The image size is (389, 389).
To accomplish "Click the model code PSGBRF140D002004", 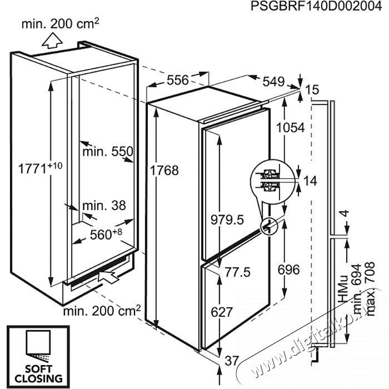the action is (x=316, y=6).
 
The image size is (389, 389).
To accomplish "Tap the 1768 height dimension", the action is (x=164, y=171).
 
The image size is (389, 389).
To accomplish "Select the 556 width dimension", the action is (x=178, y=80).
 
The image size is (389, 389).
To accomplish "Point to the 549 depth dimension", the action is (x=273, y=81).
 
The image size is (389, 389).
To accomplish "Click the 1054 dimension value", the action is (x=290, y=128).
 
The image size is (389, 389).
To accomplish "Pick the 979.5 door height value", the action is (x=227, y=220).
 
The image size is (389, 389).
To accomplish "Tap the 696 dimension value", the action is (x=289, y=270).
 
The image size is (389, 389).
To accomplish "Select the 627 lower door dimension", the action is (x=222, y=312).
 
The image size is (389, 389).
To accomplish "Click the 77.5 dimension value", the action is (x=238, y=272).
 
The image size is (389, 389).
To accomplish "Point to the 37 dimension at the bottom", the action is (x=232, y=361).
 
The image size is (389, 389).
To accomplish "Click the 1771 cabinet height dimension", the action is (x=40, y=168).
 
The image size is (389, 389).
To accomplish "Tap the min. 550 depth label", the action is (x=108, y=151).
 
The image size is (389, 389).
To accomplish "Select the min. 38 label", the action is (x=104, y=206).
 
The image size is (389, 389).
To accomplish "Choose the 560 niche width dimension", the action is (x=106, y=234).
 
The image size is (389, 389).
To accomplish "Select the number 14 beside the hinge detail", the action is (x=310, y=181).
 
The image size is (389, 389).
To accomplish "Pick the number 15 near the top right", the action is (x=312, y=89).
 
